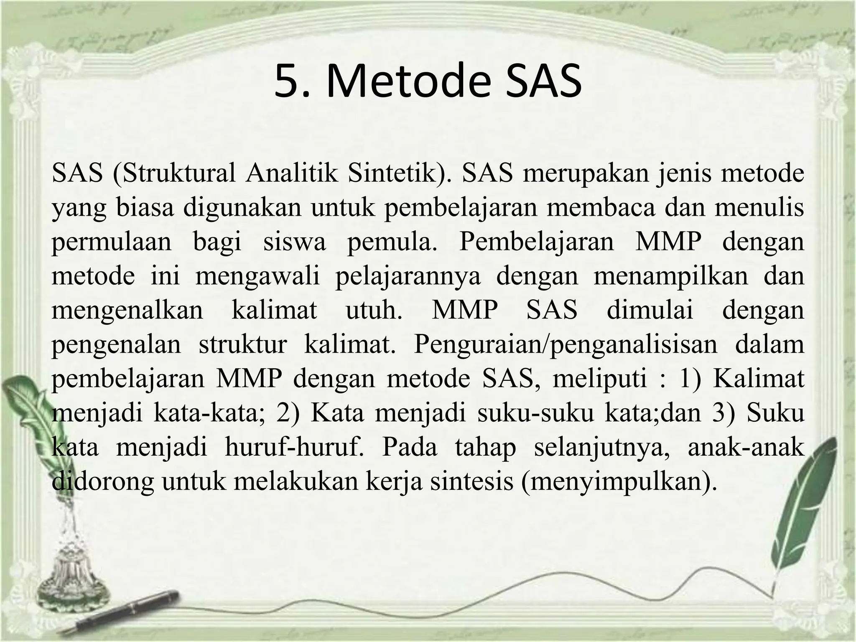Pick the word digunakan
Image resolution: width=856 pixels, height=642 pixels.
(242, 208)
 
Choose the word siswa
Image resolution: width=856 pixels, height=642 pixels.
(294, 242)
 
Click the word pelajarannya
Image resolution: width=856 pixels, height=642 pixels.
(408, 276)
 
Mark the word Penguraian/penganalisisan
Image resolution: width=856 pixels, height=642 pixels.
(565, 345)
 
